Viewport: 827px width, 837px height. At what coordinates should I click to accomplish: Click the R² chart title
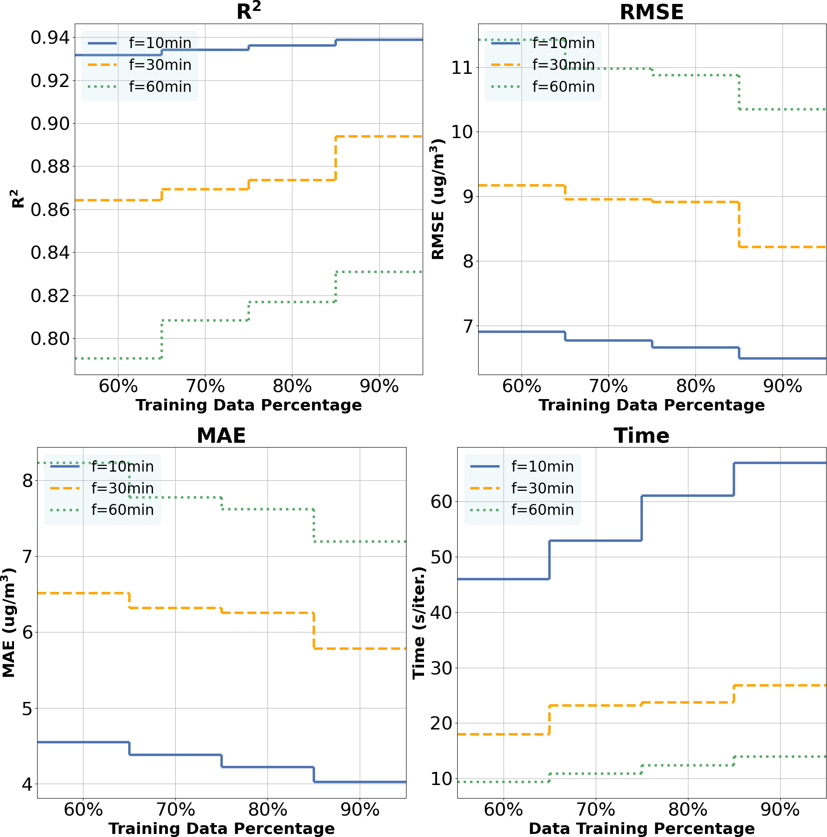click(x=248, y=11)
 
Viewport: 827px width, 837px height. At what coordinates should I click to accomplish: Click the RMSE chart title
click(x=652, y=12)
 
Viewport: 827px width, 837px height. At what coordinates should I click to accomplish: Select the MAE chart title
click(x=221, y=435)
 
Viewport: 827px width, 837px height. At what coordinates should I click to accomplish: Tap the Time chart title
click(x=641, y=435)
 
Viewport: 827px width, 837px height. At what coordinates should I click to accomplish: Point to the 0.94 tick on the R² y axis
click(x=50, y=38)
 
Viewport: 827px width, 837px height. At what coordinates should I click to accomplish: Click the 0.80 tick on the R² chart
click(x=50, y=338)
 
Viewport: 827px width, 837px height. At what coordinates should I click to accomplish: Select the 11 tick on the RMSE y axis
click(x=462, y=68)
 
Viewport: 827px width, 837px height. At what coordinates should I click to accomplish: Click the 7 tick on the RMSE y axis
click(x=468, y=326)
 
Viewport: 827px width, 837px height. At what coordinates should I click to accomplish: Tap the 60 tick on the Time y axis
click(x=441, y=501)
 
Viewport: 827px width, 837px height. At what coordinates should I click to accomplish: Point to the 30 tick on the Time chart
click(x=441, y=668)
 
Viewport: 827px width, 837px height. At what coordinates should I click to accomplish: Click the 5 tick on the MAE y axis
click(x=27, y=708)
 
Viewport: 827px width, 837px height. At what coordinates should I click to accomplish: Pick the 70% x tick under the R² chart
click(x=205, y=386)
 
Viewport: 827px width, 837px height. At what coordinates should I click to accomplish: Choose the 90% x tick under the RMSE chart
click(x=782, y=386)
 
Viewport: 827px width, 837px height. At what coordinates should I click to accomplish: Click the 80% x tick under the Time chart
click(x=688, y=810)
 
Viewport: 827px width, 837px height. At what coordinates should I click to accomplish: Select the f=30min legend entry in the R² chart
click(x=160, y=65)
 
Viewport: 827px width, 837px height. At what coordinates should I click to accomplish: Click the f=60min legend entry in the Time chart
click(x=542, y=510)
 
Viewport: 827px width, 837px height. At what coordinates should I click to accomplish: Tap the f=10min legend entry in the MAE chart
click(x=122, y=466)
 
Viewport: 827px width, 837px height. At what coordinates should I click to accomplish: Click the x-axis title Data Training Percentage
click(x=641, y=828)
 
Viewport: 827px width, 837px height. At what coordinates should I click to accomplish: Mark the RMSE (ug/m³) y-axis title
click(x=438, y=199)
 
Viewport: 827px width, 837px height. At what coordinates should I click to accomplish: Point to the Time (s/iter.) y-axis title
click(x=419, y=623)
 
